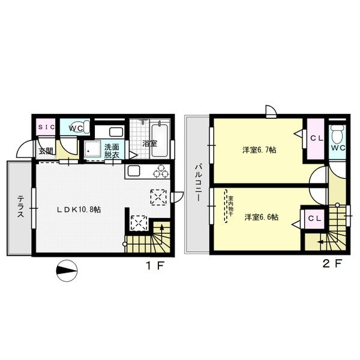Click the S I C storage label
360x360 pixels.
[x=46, y=127]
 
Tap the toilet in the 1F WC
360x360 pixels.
[x=84, y=127]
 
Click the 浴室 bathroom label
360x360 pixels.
[x=150, y=144]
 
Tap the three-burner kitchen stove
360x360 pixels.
[x=161, y=171]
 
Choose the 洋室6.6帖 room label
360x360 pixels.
[x=261, y=217]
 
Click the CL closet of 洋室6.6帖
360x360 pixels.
[x=314, y=219]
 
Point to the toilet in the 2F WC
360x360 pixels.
[x=337, y=133]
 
